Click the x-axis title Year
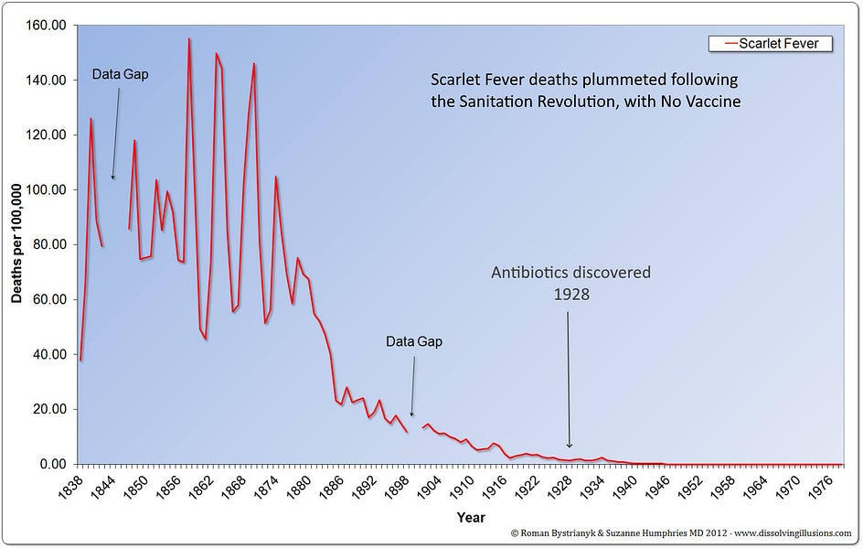click(472, 518)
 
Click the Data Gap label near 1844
click(120, 74)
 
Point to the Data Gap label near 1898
click(413, 341)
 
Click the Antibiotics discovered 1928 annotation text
click(570, 283)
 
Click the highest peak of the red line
click(189, 39)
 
